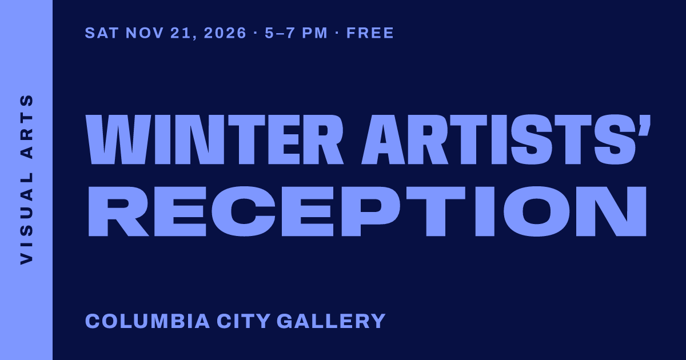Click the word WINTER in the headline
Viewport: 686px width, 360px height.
215,139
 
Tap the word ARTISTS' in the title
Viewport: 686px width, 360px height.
506,139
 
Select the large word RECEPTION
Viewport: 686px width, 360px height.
367,211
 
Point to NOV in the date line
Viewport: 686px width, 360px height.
145,33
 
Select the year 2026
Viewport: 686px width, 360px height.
225,33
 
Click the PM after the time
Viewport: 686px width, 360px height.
315,33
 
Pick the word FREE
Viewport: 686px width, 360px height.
370,33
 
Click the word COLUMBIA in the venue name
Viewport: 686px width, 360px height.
147,321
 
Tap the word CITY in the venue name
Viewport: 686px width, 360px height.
243,321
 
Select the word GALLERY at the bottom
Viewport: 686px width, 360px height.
331,321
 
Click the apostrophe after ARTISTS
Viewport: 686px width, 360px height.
646,125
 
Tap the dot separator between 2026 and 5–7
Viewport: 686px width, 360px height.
256,33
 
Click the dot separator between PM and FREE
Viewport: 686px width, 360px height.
337,33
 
